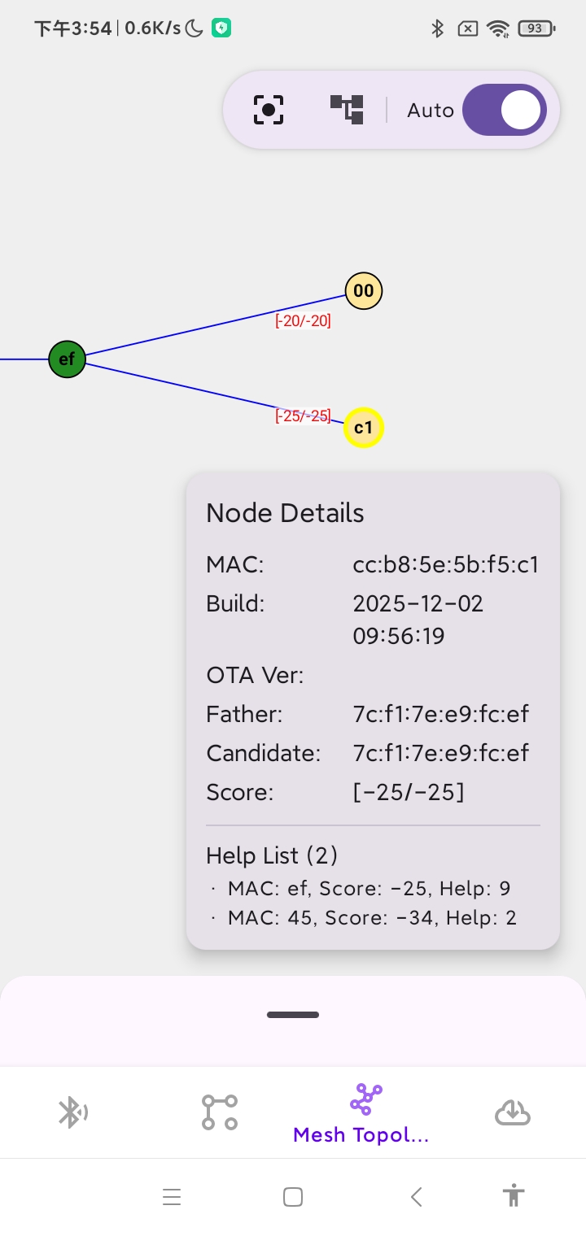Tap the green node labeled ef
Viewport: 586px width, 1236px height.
pos(67,359)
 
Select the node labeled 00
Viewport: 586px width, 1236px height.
pos(364,291)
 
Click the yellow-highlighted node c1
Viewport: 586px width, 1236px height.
pos(364,428)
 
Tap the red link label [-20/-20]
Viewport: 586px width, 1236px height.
pos(304,320)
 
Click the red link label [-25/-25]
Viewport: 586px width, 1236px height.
pos(304,416)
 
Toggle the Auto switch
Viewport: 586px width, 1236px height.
pos(505,110)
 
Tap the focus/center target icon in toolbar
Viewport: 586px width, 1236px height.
pos(269,110)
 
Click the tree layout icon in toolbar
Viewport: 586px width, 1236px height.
pos(347,109)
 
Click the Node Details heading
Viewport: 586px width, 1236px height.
pos(285,512)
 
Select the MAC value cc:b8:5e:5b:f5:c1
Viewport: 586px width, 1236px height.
pos(446,564)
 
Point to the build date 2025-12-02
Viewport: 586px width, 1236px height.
pos(418,603)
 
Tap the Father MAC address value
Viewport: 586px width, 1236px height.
pos(441,714)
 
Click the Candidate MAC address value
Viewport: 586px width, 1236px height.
pos(441,753)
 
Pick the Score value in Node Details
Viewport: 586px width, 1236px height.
pos(409,792)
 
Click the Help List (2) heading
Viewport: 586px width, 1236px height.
pos(272,855)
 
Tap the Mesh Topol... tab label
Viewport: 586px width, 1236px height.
pos(361,1134)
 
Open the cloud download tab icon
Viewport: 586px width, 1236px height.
pos(513,1112)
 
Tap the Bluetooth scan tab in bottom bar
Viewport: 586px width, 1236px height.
pos(73,1112)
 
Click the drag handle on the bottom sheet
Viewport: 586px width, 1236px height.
pos(293,1015)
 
